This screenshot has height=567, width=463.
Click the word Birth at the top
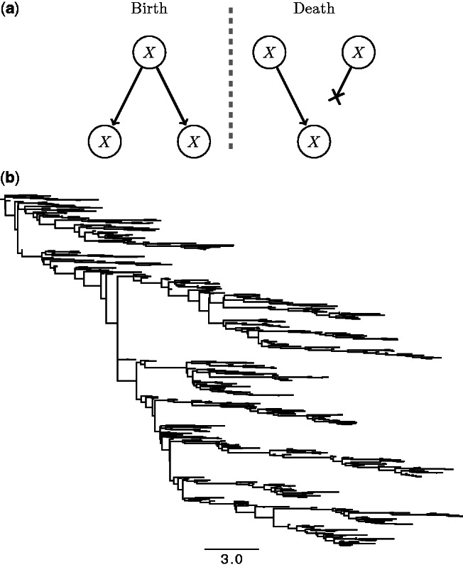pyautogui.click(x=147, y=10)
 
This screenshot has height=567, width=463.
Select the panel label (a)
pyautogui.click(x=10, y=10)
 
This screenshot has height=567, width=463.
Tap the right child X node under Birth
pyautogui.click(x=192, y=141)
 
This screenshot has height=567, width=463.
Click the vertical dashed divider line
pyautogui.click(x=231, y=78)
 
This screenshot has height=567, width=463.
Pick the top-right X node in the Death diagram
pyautogui.click(x=360, y=53)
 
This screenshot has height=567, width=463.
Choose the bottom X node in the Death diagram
pyautogui.click(x=313, y=141)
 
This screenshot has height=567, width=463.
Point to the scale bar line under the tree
pyautogui.click(x=231, y=549)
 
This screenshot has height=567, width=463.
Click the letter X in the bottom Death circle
pyautogui.click(x=313, y=141)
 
